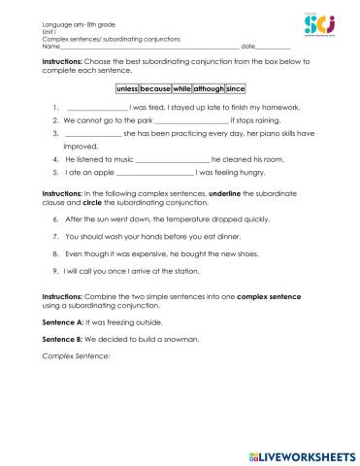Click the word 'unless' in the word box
(x=128, y=86)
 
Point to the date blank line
(x=273, y=47)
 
